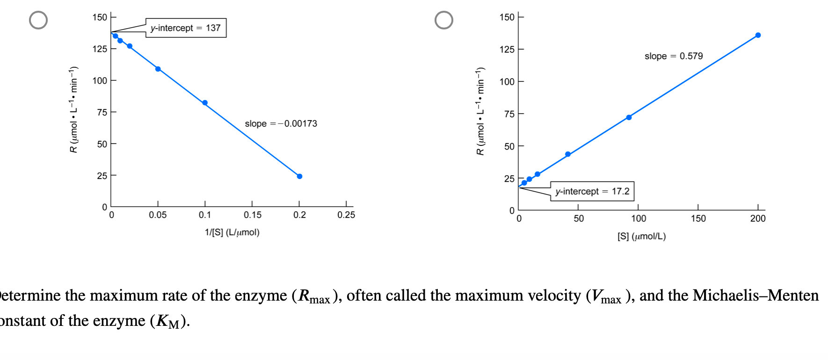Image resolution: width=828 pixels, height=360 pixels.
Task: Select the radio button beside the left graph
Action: click(38, 20)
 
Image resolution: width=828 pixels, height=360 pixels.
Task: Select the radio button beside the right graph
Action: click(444, 20)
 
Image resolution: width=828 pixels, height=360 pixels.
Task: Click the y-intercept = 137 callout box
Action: click(186, 28)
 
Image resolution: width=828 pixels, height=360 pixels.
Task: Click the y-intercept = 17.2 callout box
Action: click(592, 191)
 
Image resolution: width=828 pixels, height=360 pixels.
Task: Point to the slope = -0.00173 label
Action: click(281, 124)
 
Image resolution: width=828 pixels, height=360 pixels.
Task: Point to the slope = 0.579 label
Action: click(674, 56)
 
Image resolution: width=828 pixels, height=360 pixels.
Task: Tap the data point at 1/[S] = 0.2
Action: click(299, 176)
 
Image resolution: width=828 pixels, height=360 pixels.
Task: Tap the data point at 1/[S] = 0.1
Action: click(205, 103)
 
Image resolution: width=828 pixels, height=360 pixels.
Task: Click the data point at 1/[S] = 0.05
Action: click(158, 69)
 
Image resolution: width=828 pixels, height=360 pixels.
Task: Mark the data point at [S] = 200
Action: click(758, 35)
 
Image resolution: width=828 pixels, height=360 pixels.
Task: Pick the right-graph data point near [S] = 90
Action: click(629, 117)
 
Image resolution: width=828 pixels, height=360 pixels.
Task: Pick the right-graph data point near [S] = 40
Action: click(568, 154)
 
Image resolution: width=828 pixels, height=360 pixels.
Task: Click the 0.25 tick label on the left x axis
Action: click(346, 215)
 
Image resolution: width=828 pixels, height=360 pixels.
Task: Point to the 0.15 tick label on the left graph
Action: click(252, 215)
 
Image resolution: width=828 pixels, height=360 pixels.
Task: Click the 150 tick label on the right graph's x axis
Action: click(698, 218)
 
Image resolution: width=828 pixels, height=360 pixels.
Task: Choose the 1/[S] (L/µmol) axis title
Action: click(232, 232)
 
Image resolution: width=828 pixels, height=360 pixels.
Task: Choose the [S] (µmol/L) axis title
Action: click(641, 237)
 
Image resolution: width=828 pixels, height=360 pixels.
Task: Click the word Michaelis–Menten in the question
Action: click(755, 295)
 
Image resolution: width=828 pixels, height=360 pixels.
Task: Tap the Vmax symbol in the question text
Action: click(606, 296)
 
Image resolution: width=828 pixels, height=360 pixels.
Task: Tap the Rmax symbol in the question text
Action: click(314, 296)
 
